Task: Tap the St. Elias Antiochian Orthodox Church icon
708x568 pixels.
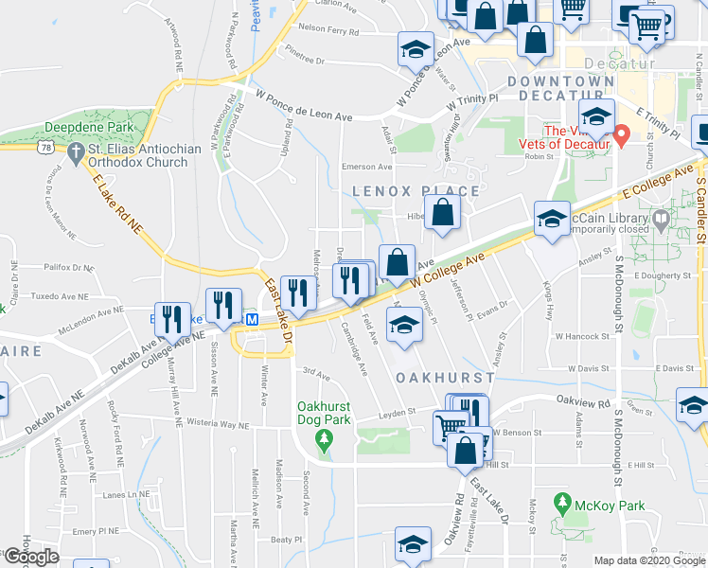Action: click(x=74, y=150)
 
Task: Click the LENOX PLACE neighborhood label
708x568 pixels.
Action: click(x=416, y=190)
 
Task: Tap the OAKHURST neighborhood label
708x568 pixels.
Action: click(x=444, y=377)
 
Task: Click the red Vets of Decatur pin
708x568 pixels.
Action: click(x=622, y=135)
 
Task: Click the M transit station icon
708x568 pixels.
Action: click(x=252, y=320)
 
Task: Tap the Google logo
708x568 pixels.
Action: click(x=32, y=557)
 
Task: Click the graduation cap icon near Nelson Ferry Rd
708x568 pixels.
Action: click(x=414, y=50)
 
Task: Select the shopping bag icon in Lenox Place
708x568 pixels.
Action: click(x=443, y=213)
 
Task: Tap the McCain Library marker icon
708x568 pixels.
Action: click(x=661, y=219)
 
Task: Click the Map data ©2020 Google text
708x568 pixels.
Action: click(x=648, y=560)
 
